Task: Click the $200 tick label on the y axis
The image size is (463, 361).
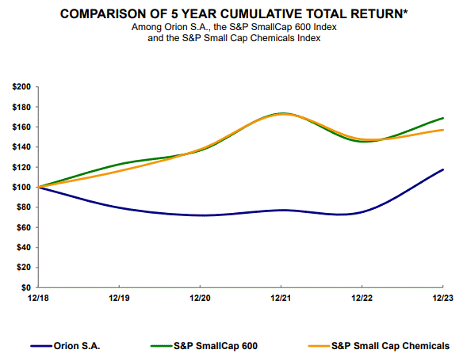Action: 19,86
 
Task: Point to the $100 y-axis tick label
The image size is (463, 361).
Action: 19,187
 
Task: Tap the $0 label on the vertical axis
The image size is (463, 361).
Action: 25,287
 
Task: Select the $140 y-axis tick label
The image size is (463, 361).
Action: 19,146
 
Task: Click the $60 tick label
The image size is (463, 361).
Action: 21,227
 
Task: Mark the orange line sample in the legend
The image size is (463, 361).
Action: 316,347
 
